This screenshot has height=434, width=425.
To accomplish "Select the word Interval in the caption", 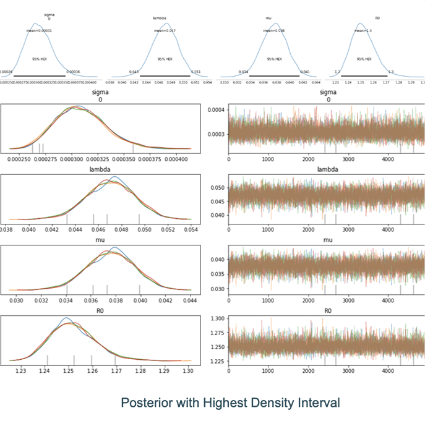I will point(318,403).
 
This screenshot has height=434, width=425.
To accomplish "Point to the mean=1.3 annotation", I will point(363,30).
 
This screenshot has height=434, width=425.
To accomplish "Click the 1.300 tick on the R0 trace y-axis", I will point(218,318).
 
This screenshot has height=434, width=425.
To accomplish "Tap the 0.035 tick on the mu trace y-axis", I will point(218,274).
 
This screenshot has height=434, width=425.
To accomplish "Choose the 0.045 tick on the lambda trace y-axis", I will point(218,201).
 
